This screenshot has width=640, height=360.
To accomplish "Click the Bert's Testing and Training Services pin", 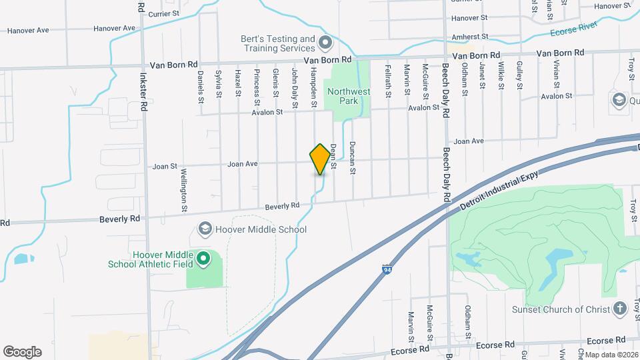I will tap(325, 43).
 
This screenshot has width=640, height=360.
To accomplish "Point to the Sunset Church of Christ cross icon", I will tap(620, 309).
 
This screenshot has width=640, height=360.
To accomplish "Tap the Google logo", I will tap(22, 352).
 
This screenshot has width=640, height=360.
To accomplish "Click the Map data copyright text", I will tap(612, 355).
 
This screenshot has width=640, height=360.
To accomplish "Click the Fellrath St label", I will tap(388, 82).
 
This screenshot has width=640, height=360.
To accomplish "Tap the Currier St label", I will tap(165, 13).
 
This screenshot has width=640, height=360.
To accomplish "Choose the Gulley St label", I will tap(519, 75).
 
